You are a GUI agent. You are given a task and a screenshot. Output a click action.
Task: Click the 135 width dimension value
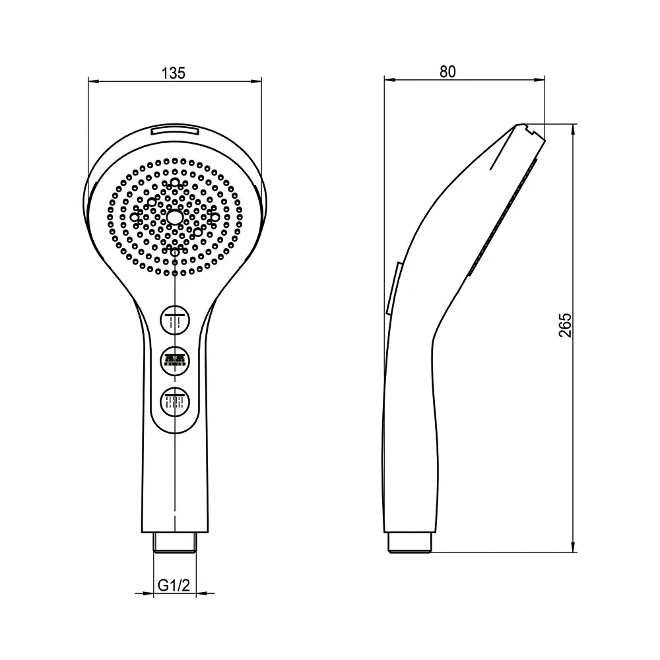point(174,73)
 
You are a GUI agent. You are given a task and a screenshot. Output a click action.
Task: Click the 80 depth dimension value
point(447,72)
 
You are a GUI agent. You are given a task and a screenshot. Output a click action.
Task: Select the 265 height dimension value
point(564,325)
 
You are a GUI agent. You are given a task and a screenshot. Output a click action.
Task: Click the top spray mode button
point(175,321)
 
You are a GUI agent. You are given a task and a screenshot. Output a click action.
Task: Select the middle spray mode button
point(175,360)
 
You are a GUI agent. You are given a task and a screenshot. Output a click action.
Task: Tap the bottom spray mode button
point(175,401)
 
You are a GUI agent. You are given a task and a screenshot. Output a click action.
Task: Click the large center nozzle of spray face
point(175,216)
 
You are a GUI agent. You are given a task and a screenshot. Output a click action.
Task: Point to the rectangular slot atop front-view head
point(175,131)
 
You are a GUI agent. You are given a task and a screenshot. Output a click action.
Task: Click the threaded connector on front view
point(175,543)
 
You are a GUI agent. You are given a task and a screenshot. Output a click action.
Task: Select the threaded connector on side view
point(409,543)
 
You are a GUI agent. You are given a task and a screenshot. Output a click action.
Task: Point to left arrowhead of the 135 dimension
point(92,82)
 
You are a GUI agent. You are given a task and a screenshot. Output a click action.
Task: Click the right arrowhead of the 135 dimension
point(257,82)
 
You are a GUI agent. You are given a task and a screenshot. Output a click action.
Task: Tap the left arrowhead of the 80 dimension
point(389,81)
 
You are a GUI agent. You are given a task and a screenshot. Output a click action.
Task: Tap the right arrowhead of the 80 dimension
point(541,81)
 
